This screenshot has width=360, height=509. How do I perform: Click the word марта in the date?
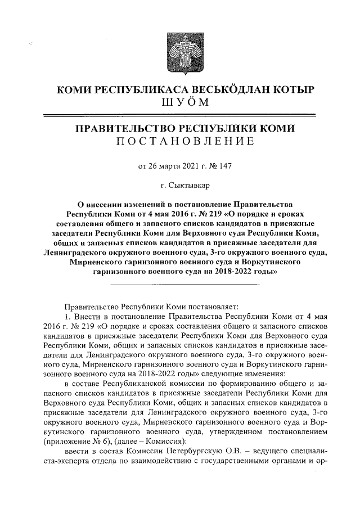click(x=159, y=166)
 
